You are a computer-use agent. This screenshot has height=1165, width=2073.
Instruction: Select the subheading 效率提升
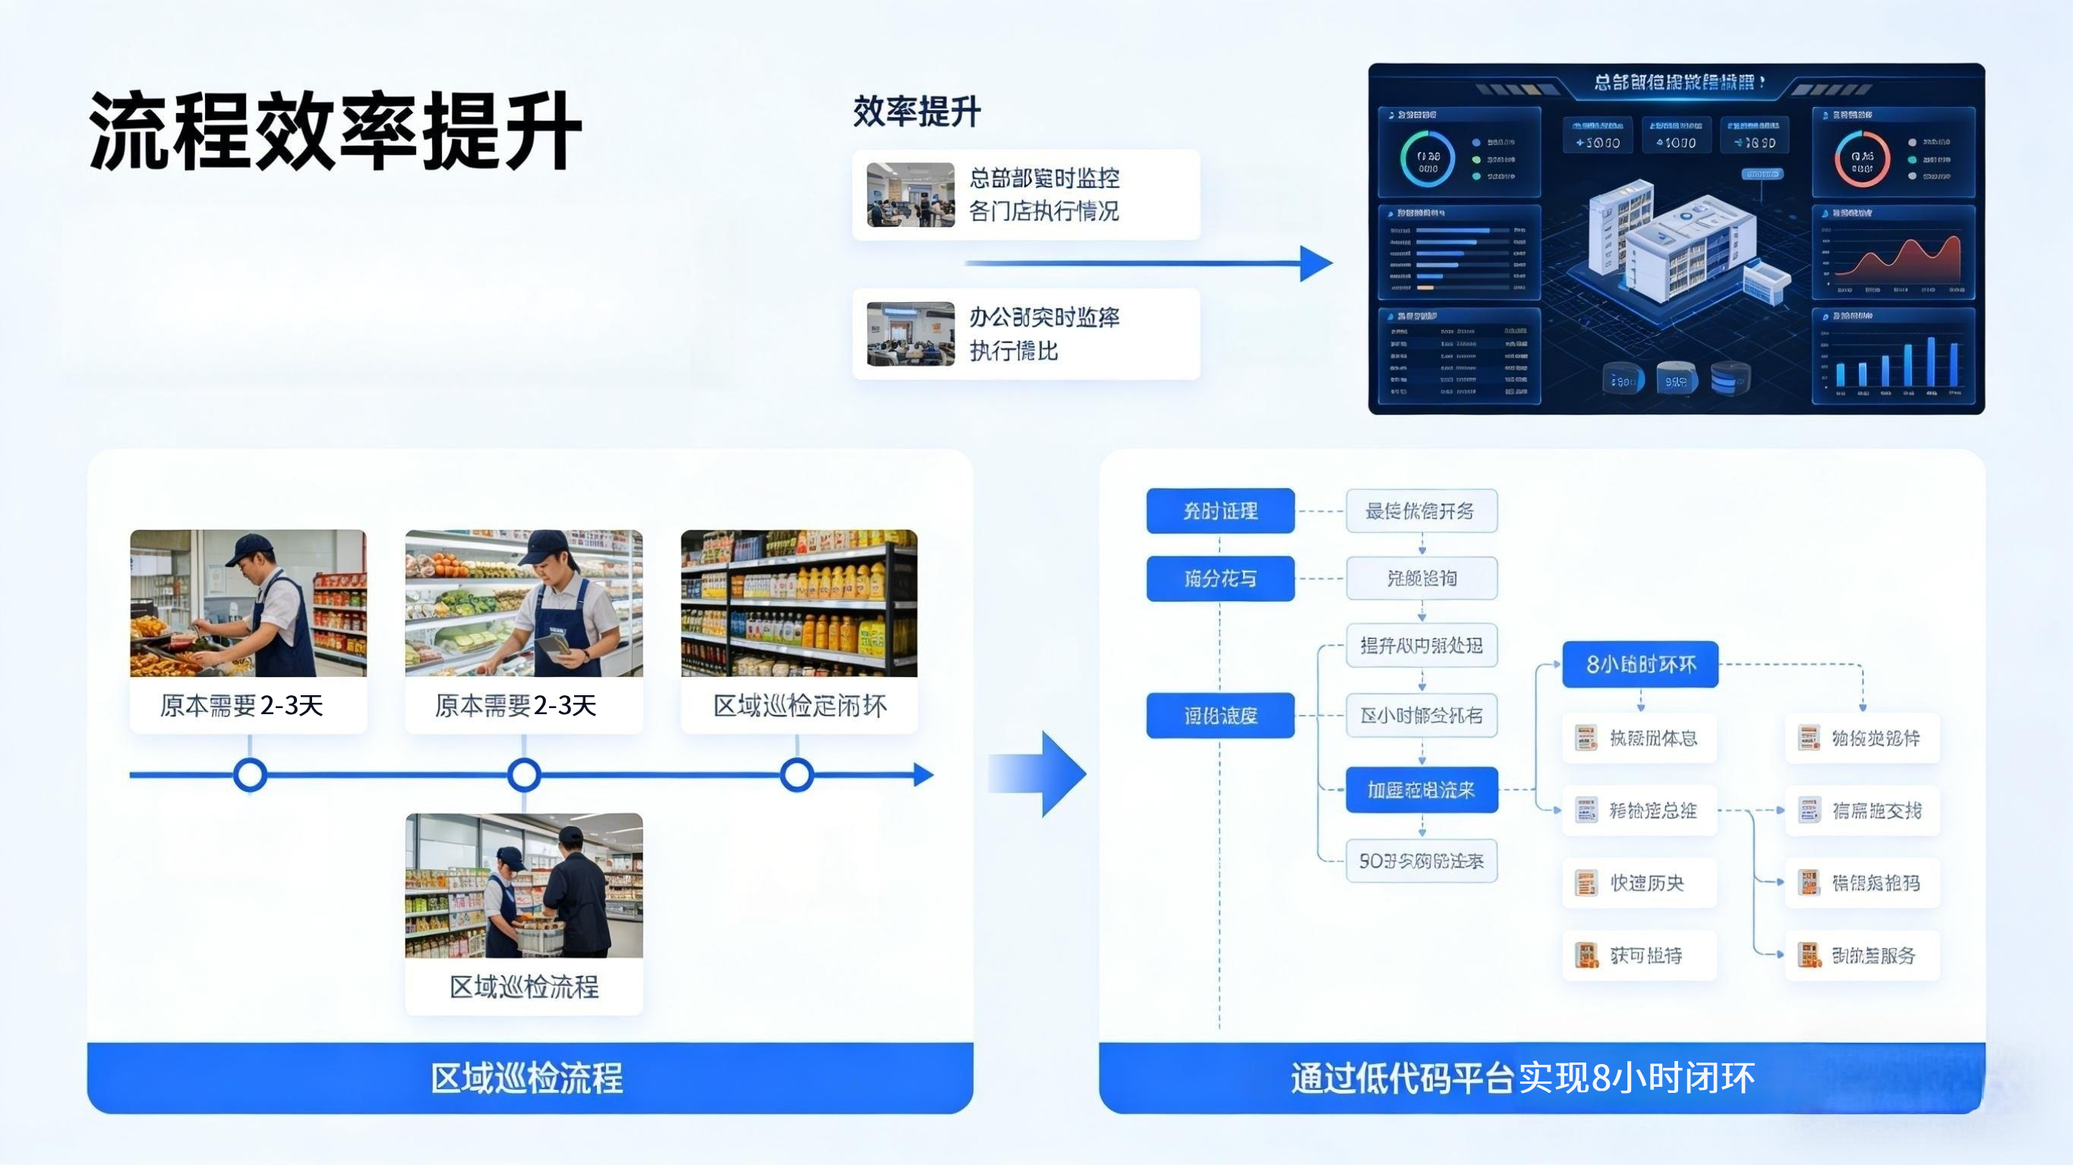916,111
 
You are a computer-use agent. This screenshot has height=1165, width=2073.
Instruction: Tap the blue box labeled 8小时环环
1640,665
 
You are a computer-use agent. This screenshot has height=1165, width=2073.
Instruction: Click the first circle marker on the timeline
250,775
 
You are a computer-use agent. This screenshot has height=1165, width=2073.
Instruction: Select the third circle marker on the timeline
797,775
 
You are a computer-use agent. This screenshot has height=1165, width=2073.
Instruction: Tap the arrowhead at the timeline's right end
924,775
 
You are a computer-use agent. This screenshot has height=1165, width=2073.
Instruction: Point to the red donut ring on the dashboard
1861,159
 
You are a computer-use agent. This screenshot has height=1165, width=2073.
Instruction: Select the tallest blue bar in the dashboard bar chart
1930,362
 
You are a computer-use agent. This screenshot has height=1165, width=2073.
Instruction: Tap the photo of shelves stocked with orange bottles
798,603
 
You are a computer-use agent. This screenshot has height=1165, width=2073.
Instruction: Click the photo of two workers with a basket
524,885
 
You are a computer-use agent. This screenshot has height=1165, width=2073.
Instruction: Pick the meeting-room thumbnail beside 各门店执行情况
910,195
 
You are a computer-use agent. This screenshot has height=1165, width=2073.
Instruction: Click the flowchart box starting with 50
1421,861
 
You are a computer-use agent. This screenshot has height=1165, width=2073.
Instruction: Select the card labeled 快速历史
1639,883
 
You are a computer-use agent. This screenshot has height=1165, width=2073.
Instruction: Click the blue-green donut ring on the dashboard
1428,159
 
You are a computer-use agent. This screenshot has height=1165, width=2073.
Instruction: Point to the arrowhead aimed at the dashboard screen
1317,263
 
